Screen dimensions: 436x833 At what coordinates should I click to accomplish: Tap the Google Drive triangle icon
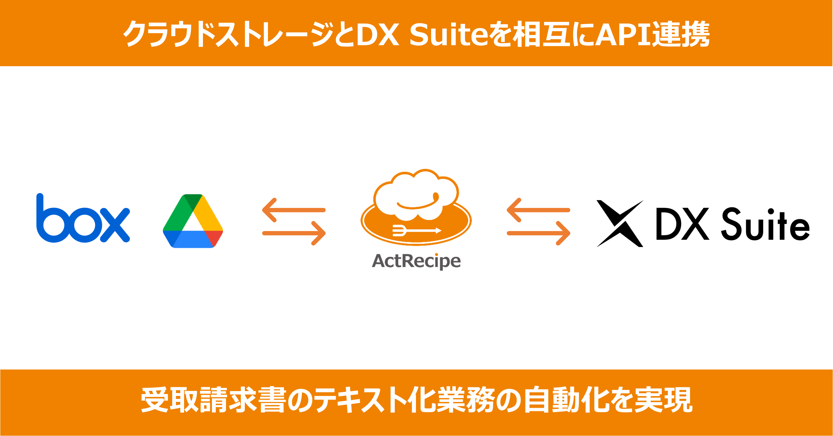point(193,221)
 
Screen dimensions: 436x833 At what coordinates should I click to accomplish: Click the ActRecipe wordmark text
point(416,261)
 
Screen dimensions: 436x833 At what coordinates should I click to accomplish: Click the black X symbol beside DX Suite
point(620,223)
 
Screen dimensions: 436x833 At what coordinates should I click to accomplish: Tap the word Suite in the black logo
point(765,225)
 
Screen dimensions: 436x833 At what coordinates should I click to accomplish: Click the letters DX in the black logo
point(682,224)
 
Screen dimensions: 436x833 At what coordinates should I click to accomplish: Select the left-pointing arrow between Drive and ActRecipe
point(294,210)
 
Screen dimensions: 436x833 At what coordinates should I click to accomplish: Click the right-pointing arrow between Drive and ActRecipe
point(294,233)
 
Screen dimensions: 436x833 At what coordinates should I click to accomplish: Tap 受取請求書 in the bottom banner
point(213,400)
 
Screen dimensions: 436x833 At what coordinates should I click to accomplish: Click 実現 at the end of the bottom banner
point(663,400)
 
